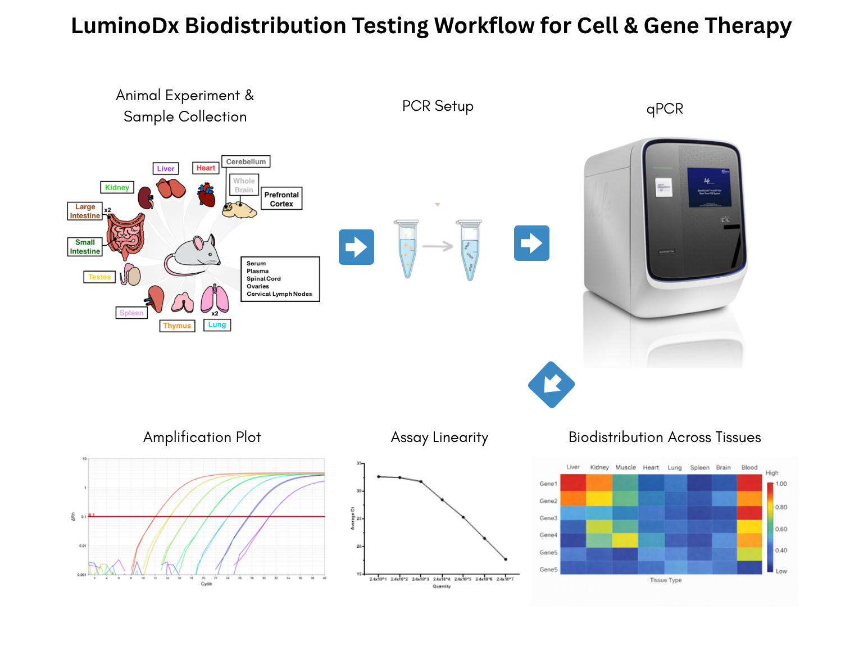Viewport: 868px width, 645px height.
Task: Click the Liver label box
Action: click(166, 168)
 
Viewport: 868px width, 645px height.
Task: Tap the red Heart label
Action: click(206, 168)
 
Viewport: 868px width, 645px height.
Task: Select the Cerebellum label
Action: click(246, 161)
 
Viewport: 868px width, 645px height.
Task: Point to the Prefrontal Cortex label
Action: click(281, 199)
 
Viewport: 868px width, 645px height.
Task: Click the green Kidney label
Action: click(117, 187)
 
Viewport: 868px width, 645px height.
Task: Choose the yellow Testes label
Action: click(99, 277)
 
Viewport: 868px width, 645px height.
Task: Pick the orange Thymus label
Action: click(177, 326)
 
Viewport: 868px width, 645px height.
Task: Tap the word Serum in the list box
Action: click(256, 263)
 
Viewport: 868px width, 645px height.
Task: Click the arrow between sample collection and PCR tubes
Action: click(356, 247)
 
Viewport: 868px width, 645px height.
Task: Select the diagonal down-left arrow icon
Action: click(551, 385)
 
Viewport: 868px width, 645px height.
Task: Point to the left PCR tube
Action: click(407, 248)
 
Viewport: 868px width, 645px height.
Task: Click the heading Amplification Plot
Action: click(202, 437)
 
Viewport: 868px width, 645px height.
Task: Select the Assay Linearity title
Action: click(439, 437)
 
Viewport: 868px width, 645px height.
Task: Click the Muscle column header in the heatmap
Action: click(625, 467)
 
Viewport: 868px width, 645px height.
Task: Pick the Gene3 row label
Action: click(548, 518)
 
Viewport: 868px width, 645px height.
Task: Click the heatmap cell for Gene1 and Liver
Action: click(573, 482)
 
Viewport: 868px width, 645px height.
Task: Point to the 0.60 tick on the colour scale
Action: click(781, 529)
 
